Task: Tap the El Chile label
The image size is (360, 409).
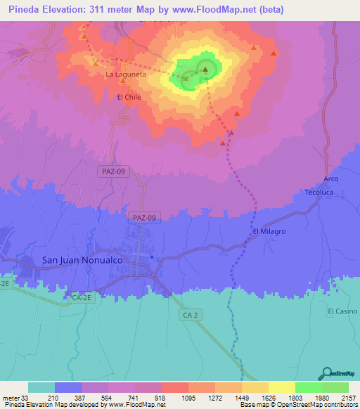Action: click(x=129, y=97)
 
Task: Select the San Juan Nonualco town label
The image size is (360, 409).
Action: click(x=82, y=260)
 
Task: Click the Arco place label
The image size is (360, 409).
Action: click(x=331, y=178)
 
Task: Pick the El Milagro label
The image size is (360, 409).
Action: click(x=269, y=231)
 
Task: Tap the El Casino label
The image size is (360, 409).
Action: click(x=342, y=311)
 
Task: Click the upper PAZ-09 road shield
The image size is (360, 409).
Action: click(x=113, y=171)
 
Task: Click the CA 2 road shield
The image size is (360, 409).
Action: click(x=191, y=316)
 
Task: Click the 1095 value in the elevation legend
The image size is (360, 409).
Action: click(x=175, y=397)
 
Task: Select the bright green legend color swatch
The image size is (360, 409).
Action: click(x=308, y=387)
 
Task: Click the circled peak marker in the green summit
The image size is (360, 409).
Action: click(x=205, y=69)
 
